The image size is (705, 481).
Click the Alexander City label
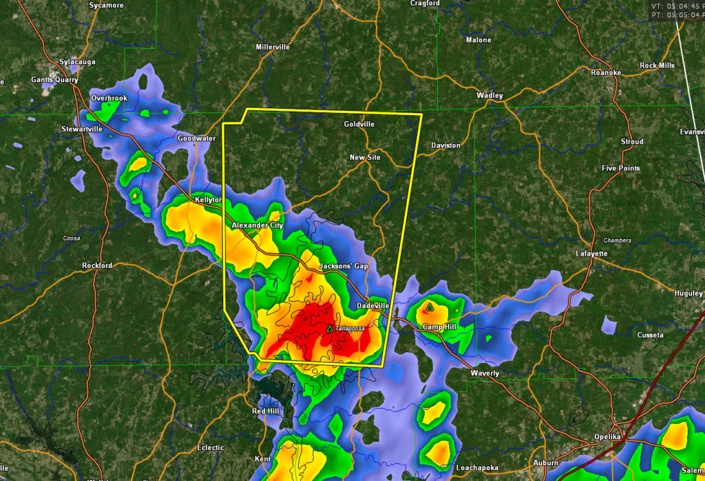pyautogui.click(x=257, y=225)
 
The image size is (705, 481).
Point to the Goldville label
pyautogui.click(x=359, y=124)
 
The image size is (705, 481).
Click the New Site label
pyautogui.click(x=365, y=158)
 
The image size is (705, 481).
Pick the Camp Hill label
pyautogui.click(x=440, y=327)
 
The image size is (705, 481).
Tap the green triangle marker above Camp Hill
pyautogui.click(x=429, y=307)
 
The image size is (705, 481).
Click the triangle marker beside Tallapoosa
pyautogui.click(x=330, y=329)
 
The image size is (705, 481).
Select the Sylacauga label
pyautogui.click(x=77, y=62)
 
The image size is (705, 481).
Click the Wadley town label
pyautogui.click(x=490, y=95)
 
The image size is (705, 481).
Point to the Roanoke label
pyautogui.click(x=606, y=72)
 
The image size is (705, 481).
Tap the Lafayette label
pyautogui.click(x=591, y=254)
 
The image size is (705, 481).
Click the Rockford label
pyautogui.click(x=97, y=265)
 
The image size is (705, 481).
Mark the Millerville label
pyautogui.click(x=273, y=47)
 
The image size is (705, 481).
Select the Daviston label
pyautogui.click(x=445, y=145)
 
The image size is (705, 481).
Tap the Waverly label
pyautogui.click(x=485, y=373)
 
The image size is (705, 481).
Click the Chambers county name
pyautogui.click(x=617, y=240)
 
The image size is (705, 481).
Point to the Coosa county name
pyautogui.click(x=71, y=238)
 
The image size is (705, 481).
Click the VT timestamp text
pyautogui.click(x=677, y=6)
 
